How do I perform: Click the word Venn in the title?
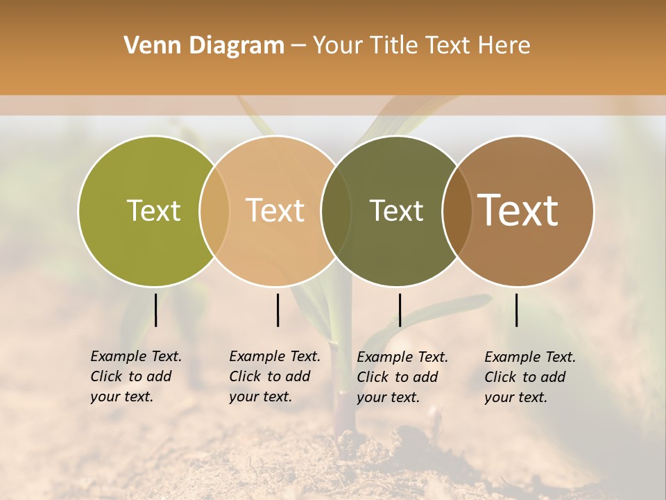coord(148,46)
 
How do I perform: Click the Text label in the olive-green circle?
coord(153,210)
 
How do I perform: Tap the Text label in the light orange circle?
coord(275,210)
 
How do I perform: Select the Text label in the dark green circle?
coord(396,210)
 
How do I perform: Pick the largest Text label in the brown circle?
coord(518,210)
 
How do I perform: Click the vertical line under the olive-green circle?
coord(155,310)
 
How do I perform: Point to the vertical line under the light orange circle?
coord(277,310)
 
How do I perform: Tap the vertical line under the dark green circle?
coord(400,310)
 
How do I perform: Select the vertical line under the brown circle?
coord(516,310)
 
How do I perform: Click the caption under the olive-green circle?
coord(136,376)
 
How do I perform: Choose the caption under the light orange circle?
coord(275,376)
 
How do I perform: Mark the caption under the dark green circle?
coord(402,377)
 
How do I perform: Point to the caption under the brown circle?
coord(530,377)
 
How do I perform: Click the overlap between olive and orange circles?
coord(214,210)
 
